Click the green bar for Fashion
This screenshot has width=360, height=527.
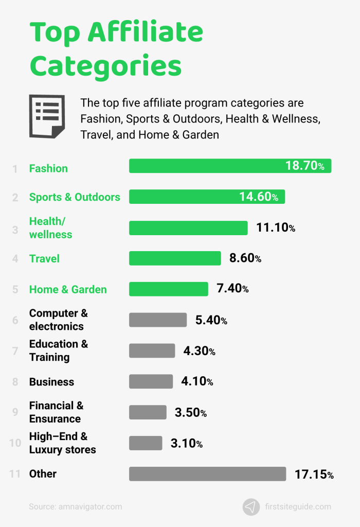[x=230, y=166]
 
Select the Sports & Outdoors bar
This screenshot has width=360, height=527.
[x=207, y=197]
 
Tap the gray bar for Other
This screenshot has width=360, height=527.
[x=207, y=474]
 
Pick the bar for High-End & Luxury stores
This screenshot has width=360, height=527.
[x=146, y=443]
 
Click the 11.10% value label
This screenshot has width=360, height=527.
[x=276, y=227]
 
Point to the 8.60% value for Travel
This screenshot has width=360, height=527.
[x=245, y=258]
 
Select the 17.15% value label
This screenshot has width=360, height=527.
[x=314, y=475]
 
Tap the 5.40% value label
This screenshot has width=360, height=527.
[x=211, y=320]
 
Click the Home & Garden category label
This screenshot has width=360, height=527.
[x=68, y=289]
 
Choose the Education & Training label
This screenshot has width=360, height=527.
[x=58, y=350]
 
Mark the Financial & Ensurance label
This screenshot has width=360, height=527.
[x=56, y=412]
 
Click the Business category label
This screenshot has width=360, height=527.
[x=51, y=382]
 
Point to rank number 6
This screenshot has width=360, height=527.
[x=15, y=320]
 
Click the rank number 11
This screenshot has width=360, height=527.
[x=14, y=474]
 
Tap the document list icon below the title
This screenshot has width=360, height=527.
[x=47, y=116]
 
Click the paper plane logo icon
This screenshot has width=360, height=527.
[x=251, y=506]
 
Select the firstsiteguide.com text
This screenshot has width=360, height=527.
[x=298, y=506]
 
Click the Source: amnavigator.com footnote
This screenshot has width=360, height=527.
[x=76, y=506]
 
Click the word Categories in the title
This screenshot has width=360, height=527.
[x=105, y=65]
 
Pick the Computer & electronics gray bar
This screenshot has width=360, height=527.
[x=158, y=320]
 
